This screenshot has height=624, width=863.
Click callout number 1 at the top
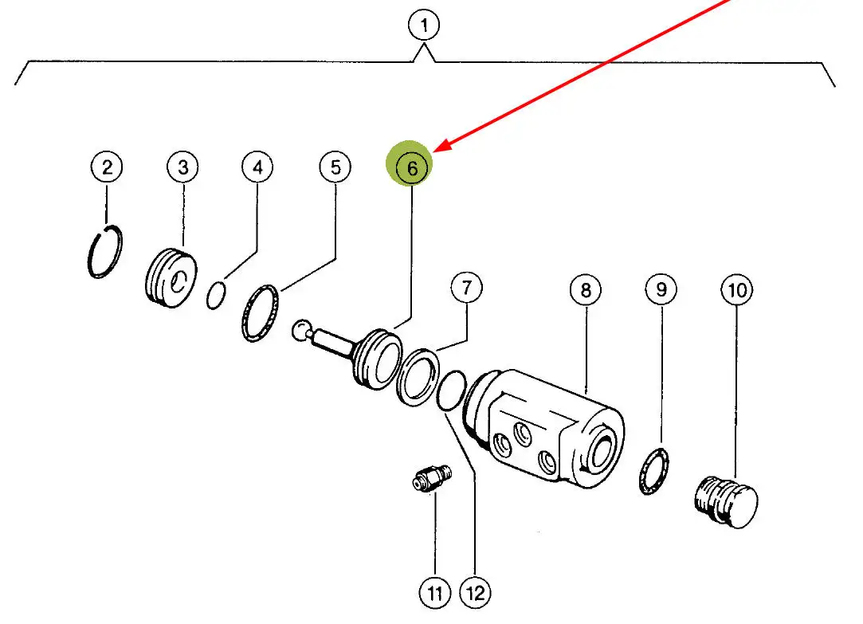[424, 26]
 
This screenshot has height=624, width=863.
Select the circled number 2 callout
[107, 167]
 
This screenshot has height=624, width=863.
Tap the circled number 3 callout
[182, 167]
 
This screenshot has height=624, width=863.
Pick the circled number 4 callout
[257, 167]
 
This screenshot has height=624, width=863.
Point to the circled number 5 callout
[335, 167]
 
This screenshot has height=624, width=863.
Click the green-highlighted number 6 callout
[412, 168]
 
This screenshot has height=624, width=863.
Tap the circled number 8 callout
[586, 290]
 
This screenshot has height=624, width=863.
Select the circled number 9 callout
[661, 290]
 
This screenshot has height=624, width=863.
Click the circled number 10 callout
[737, 290]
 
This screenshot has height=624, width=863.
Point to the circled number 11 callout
[434, 593]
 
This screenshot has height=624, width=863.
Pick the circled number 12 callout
[476, 593]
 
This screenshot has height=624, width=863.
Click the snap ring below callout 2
[104, 253]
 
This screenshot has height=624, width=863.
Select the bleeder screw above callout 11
[431, 480]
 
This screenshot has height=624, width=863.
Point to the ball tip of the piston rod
[301, 330]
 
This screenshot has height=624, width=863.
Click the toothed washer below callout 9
[655, 472]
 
